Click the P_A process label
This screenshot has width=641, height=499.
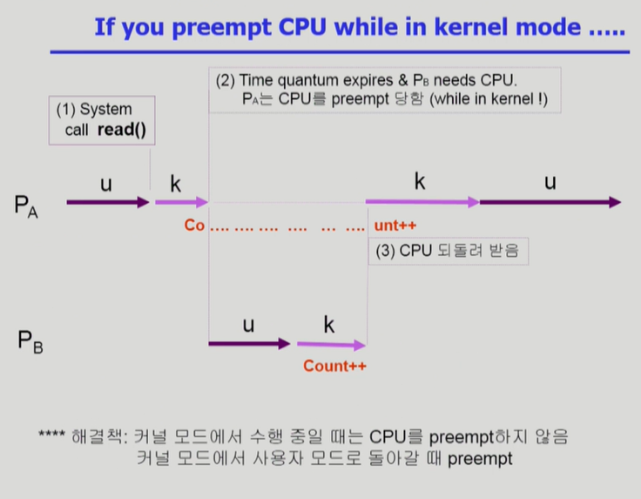[26, 207]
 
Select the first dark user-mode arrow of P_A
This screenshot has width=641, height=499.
[107, 203]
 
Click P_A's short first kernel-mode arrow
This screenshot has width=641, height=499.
[181, 203]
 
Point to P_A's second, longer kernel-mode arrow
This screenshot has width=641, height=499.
[422, 202]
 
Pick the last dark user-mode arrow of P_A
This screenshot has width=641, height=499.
[550, 202]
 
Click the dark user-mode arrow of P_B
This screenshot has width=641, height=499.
[249, 344]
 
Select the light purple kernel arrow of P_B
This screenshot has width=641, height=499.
[331, 345]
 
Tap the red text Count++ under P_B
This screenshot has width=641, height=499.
[334, 367]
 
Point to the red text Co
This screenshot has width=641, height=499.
[193, 226]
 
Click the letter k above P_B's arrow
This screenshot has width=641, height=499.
[329, 325]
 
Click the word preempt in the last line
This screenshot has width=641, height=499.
[480, 457]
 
